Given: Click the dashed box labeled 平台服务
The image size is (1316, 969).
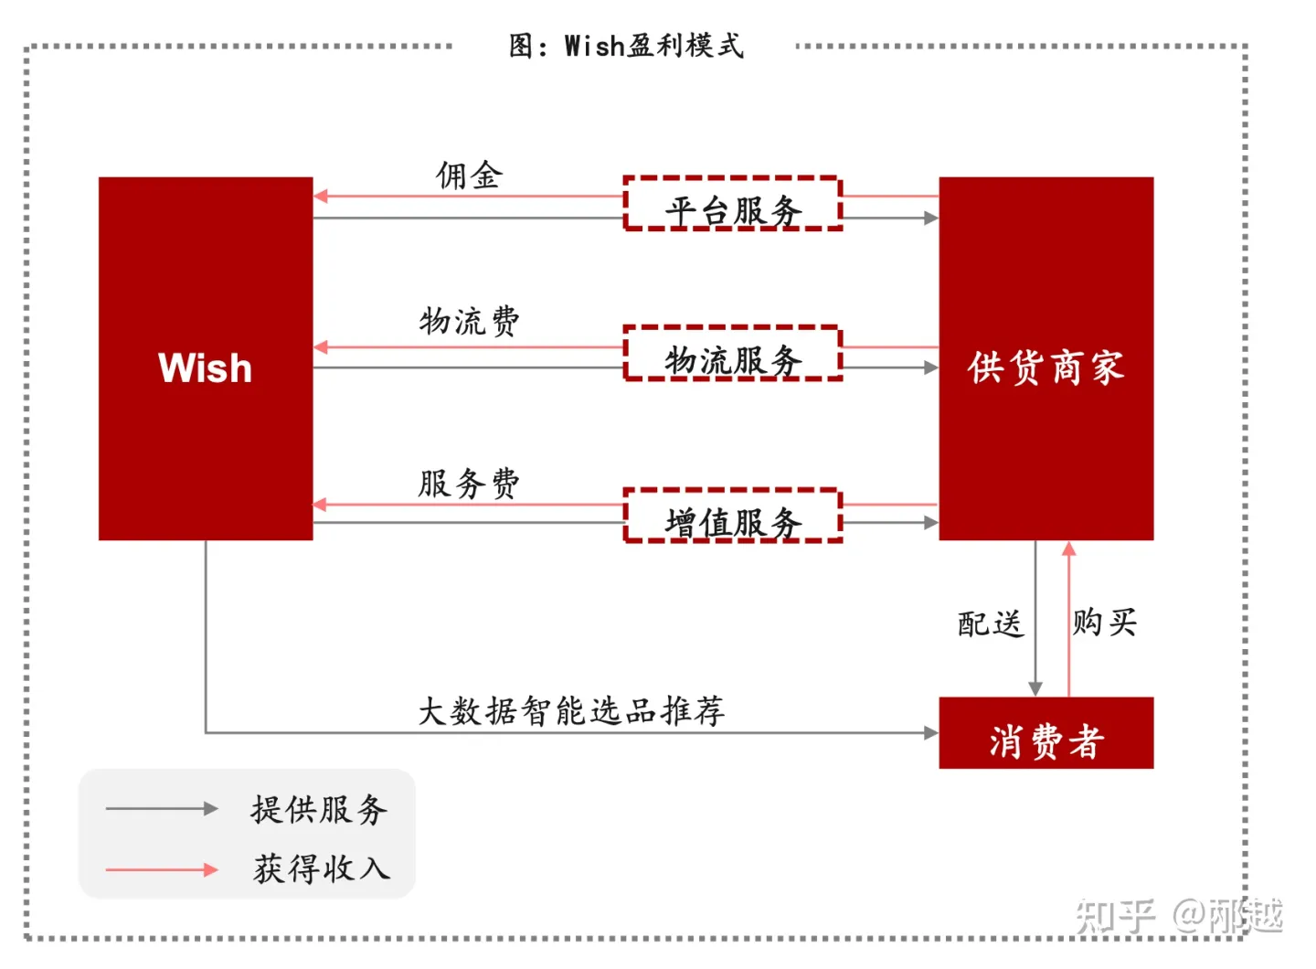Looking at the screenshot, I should [732, 204].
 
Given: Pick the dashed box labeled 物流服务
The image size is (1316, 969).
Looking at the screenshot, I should [732, 354].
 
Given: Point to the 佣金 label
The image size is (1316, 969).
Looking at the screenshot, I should [469, 175].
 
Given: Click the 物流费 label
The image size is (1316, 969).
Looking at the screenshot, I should [469, 321].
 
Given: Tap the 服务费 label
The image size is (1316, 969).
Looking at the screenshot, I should [469, 483].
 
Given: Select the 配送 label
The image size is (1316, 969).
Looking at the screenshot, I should [990, 623].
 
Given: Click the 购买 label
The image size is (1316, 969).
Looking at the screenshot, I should [1104, 623].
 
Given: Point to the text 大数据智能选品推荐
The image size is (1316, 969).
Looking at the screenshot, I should [571, 710].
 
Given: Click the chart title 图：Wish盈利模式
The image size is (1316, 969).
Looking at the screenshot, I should [626, 45].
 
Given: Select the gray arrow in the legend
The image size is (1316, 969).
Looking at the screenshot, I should [161, 809].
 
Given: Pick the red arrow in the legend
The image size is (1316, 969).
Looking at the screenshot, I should [161, 869].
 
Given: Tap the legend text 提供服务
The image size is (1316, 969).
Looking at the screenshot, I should [319, 809].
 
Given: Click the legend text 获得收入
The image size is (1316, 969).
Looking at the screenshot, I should [321, 868].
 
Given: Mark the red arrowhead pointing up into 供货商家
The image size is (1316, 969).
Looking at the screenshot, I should [1068, 548].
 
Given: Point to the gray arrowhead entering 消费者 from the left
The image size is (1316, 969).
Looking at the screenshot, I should [931, 732].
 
